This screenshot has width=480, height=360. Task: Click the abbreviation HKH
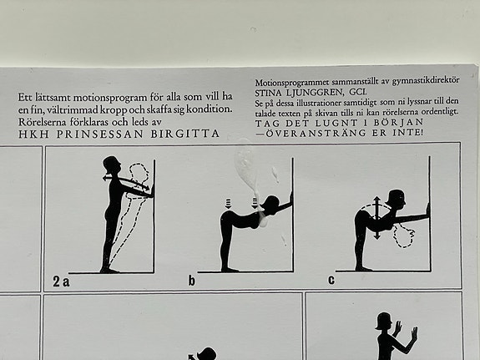pyautogui.click(x=33, y=134)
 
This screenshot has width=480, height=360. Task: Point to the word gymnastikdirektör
pyautogui.click(x=426, y=80)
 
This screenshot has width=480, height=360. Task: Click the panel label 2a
pyautogui.click(x=61, y=281)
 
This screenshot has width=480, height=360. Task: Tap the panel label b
pyautogui.click(x=192, y=281)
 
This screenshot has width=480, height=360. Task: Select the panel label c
pyautogui.click(x=331, y=280)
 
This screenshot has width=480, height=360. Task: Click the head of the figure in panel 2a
pyautogui.click(x=111, y=165)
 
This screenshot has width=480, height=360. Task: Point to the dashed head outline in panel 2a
pyautogui.click(x=139, y=175)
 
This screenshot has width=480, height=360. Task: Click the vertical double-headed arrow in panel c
pyautogui.click(x=376, y=217)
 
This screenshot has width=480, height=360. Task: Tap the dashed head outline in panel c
pyautogui.click(x=403, y=236)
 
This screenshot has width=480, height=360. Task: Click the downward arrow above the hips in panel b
pyautogui.click(x=229, y=204)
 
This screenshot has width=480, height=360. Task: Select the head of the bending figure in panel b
pyautogui.click(x=270, y=203)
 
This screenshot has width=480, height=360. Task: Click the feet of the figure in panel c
pyautogui.click(x=364, y=269)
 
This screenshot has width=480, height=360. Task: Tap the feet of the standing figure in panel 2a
pyautogui.click(x=109, y=271)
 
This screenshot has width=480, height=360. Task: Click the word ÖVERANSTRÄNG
pyautogui.click(x=316, y=133)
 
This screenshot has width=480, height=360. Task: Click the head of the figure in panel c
pyautogui.click(x=397, y=199)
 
